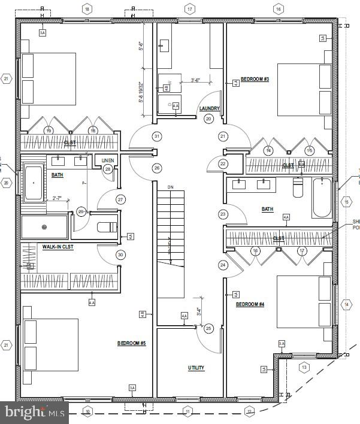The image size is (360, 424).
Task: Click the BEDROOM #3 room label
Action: pos(255,79)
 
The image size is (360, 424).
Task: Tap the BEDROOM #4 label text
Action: pos(250,304)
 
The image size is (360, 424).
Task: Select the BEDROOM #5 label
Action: pos(131,343)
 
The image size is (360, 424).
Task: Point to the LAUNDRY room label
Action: pos(209,108)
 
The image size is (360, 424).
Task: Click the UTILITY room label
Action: pos(196,368)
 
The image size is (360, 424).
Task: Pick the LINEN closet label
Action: pos(108,160)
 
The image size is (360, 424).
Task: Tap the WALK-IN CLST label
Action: pos(58,247)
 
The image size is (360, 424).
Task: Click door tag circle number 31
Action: pos(157,137)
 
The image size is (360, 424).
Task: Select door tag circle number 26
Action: pos(157,168)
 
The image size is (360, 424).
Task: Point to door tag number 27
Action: pos(121,199)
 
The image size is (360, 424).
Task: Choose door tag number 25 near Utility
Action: pos(208,328)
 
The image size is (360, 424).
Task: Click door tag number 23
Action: pos(223,214)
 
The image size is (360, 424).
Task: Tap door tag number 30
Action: pos(121,255)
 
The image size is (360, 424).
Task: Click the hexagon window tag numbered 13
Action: pos(304,367)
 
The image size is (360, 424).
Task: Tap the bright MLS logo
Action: pos(34,413)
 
